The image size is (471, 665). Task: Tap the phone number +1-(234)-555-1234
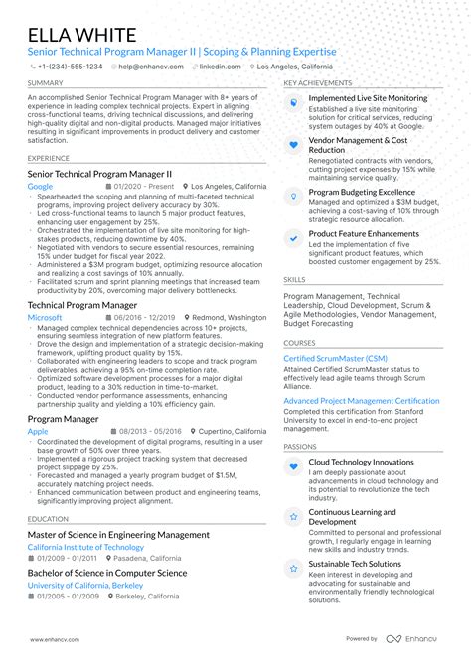[x=69, y=66]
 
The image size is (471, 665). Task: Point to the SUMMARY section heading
[x=46, y=83]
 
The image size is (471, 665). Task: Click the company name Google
[x=40, y=186]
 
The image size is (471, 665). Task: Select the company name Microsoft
[x=45, y=317]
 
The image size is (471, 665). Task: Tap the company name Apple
[x=38, y=432]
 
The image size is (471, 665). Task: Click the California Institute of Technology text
[x=85, y=547]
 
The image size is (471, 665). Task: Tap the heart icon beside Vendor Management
[x=293, y=145]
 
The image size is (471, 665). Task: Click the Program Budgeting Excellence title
[x=362, y=192]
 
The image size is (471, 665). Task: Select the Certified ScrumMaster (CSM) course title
[x=335, y=358]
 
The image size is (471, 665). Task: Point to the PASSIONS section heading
[x=300, y=446]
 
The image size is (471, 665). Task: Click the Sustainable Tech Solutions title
[x=355, y=564]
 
